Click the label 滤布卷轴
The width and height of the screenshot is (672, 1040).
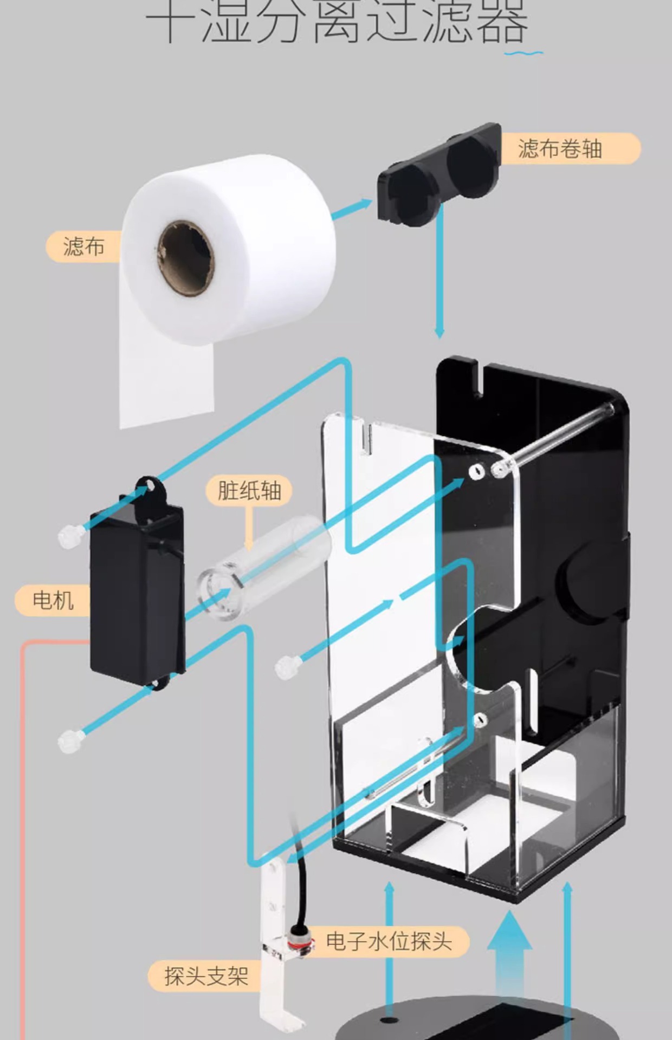(x=560, y=148)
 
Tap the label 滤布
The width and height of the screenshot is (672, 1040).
(x=83, y=246)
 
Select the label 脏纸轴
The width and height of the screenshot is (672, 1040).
(x=249, y=491)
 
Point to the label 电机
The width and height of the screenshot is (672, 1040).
(x=53, y=600)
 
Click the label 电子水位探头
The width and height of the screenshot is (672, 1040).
(x=389, y=941)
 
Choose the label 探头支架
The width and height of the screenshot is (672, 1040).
(x=206, y=976)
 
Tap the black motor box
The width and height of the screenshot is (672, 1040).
(x=137, y=596)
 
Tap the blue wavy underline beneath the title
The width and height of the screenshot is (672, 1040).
(x=523, y=53)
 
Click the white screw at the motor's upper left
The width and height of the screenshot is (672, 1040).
(x=69, y=536)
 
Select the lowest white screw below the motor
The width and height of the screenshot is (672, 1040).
(x=70, y=740)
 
